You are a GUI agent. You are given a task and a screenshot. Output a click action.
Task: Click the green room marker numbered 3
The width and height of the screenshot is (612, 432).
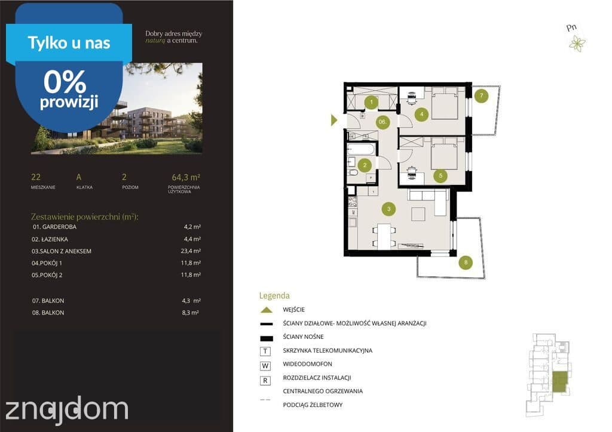[x=388, y=209]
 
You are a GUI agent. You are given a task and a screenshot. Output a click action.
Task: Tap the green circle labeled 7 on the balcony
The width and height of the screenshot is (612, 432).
[x=481, y=95]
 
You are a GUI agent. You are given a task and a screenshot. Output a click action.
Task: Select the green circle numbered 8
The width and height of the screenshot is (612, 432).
[x=466, y=262]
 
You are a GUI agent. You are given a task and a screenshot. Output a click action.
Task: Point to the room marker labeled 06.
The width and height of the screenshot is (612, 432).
[x=382, y=122]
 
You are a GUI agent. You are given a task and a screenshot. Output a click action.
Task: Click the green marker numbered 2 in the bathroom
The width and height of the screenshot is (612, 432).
[x=365, y=165]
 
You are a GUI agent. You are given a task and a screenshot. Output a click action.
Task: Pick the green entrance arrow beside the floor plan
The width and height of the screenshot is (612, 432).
[x=334, y=120]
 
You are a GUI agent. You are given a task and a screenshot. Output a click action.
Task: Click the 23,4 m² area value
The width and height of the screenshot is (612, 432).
[x=191, y=251]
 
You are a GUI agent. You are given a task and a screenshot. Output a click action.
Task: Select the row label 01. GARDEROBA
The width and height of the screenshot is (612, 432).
[x=54, y=227]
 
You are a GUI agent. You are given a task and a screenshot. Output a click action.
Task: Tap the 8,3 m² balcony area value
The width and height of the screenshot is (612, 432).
[x=190, y=313]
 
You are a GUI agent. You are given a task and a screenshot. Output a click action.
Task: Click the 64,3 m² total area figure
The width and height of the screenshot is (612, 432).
[x=186, y=177]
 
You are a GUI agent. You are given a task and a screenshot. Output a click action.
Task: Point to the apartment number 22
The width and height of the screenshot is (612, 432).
[x=35, y=177]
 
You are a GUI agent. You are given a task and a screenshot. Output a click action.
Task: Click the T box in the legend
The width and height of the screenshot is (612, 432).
[x=265, y=351]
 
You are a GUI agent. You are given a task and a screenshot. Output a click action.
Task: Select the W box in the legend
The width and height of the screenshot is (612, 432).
[x=265, y=366]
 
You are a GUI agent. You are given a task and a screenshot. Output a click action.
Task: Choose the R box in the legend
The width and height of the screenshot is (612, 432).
[x=265, y=381]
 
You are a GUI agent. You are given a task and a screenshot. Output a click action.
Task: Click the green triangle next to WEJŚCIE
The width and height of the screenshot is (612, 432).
[x=266, y=310]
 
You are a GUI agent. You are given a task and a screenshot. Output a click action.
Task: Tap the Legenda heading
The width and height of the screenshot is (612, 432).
[x=274, y=296]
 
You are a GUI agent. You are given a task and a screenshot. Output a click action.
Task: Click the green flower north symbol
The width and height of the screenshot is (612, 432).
[x=577, y=43]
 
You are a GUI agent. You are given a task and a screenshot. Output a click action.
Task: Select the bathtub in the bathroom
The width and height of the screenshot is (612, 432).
[x=361, y=149]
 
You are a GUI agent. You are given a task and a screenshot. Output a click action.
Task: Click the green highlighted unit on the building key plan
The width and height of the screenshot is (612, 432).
[x=559, y=382]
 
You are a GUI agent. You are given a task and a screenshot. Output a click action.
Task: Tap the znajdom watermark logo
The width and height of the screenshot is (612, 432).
[x=66, y=410]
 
